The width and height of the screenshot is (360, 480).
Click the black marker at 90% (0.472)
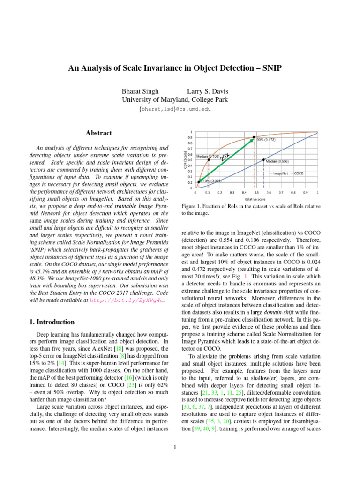point(254,137)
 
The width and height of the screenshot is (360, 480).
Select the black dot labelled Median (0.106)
point(209,160)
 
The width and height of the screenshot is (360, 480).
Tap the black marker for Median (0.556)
point(263,160)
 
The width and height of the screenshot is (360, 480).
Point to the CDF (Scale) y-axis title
point(185,160)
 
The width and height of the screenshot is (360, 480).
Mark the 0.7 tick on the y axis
point(190,148)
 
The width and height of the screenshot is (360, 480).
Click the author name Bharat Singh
point(140,91)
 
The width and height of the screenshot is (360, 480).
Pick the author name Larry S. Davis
point(208,91)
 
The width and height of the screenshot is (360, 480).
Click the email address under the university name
point(175,109)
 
